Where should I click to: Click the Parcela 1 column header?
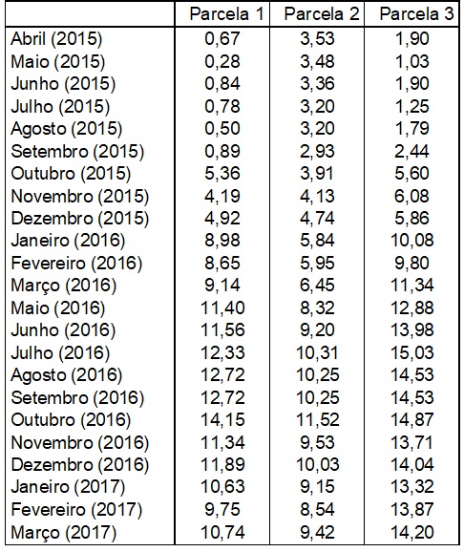[226, 14]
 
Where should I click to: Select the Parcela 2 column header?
[322, 14]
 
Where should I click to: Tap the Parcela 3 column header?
[416, 14]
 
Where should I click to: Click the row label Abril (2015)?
[56, 39]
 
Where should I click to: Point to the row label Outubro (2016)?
[71, 420]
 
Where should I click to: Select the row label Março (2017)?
[63, 533]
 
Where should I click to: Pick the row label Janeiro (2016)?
[68, 241]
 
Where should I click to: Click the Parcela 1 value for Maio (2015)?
[222, 61]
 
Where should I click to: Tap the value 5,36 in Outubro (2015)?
[222, 173]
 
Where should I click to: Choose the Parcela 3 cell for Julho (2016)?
[411, 352]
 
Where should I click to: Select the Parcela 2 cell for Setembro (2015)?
[317, 151]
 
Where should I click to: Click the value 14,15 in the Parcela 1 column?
[222, 419]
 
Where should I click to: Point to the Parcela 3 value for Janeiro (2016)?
[411, 241]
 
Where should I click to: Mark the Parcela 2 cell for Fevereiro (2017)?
[317, 509]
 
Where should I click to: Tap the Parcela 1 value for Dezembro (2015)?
[222, 219]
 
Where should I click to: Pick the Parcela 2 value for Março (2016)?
[317, 286]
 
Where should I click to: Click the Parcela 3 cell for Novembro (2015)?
[411, 196]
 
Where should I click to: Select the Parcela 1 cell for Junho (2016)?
[222, 330]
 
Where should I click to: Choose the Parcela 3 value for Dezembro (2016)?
[411, 465]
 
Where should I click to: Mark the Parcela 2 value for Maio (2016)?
[317, 308]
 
